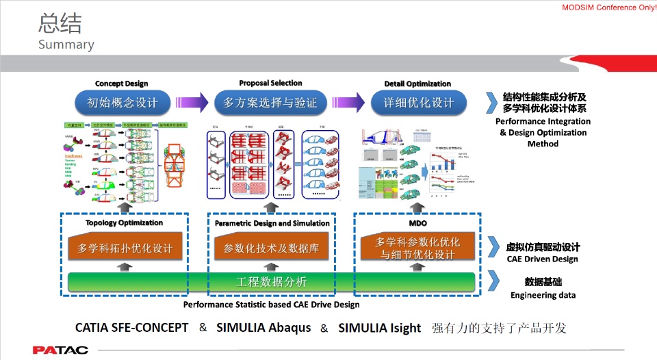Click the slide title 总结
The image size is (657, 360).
(60, 24)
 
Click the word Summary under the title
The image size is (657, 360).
(66, 44)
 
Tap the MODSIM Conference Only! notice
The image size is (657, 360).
(608, 7)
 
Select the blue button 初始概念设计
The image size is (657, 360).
(123, 103)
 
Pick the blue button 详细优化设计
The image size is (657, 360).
(417, 103)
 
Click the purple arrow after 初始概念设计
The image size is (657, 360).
(192, 103)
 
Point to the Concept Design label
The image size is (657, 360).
(121, 84)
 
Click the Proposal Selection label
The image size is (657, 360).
(270, 83)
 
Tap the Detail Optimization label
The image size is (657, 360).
(417, 84)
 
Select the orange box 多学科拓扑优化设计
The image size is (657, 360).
(125, 248)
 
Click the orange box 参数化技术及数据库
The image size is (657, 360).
(272, 248)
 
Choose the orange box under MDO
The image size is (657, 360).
(417, 248)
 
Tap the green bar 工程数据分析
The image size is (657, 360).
(271, 282)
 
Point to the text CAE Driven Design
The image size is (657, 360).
(542, 259)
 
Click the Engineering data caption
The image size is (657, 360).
(543, 296)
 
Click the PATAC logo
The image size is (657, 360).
(60, 350)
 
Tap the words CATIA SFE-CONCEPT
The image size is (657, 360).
(131, 328)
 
